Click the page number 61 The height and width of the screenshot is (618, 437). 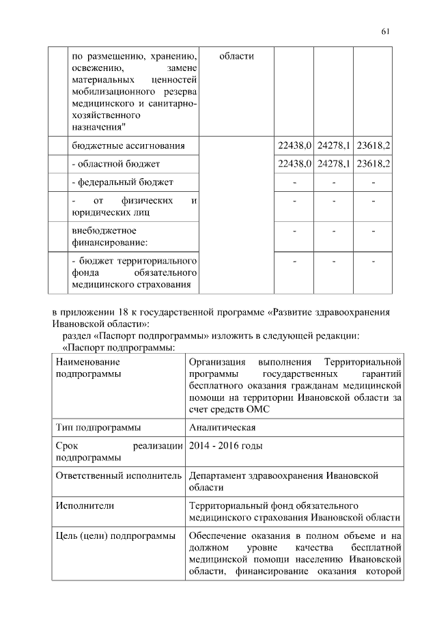385,31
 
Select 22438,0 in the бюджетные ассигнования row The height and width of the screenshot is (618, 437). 294,146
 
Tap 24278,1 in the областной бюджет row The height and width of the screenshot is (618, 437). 333,164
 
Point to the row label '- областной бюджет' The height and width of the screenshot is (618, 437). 115,164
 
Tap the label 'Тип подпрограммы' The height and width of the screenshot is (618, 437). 98,427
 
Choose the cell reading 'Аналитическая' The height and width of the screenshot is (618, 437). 222,427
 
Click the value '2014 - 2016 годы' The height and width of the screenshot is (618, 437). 226,446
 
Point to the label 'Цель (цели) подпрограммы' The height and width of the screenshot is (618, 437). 115,536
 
